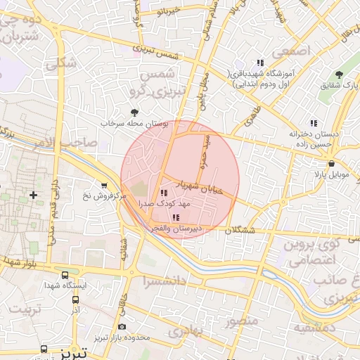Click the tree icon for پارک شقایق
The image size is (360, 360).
click(339, 75)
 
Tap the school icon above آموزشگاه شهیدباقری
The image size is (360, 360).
click(260, 63)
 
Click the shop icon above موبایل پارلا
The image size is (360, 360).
click(331, 163)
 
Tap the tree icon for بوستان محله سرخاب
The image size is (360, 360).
click(135, 112)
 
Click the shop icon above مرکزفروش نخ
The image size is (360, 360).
click(105, 186)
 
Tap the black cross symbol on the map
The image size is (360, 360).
click(32, 194)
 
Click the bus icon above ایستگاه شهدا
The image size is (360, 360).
click(65, 275)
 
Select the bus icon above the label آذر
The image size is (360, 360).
click(75, 299)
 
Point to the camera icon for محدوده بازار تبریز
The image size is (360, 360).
click(122, 327)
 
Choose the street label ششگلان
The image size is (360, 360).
click(241, 230)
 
